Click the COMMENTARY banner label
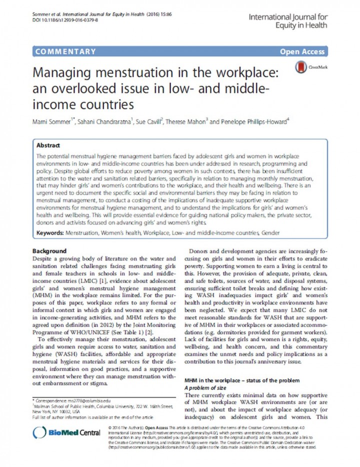65,51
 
